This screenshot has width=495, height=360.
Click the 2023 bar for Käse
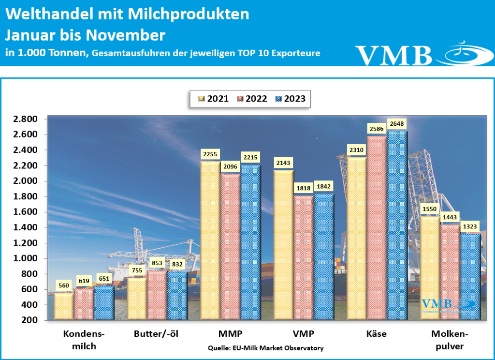(x=397, y=225)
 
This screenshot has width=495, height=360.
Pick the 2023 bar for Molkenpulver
(x=470, y=276)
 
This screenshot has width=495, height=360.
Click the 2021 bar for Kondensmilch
(x=63, y=306)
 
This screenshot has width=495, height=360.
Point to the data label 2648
(x=395, y=124)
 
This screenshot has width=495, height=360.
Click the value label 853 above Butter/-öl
(x=157, y=262)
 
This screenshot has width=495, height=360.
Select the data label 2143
(x=283, y=163)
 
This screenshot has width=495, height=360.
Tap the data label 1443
(x=450, y=217)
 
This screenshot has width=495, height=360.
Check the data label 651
(x=103, y=278)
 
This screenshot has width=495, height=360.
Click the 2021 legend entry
(x=213, y=99)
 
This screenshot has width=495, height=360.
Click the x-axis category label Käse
(x=377, y=334)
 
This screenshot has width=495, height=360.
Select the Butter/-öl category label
(x=156, y=334)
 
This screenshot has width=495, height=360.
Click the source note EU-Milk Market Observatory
(x=265, y=348)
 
